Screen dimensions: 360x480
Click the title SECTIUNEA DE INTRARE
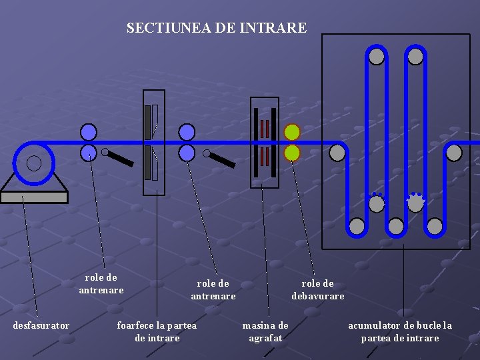coord(217,28)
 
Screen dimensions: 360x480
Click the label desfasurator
coord(41,325)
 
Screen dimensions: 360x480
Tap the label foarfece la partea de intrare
coord(157,331)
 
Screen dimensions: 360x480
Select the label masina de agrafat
coord(265,331)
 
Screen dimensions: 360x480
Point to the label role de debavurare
coord(318,289)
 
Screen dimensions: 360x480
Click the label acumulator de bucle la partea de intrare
coord(400,331)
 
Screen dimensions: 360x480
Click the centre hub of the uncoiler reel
coord(34,163)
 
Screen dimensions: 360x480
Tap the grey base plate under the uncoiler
coord(34,197)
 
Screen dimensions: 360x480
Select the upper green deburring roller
coord(292,131)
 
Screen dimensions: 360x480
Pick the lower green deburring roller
coord(292,153)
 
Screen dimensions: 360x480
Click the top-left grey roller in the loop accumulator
coord(377,57)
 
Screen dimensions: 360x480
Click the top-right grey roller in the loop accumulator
coord(415,57)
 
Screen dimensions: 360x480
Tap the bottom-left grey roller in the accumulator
coord(357,227)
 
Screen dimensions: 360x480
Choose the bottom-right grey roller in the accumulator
coord(435,227)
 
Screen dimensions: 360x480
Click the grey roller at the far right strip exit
coord(454,153)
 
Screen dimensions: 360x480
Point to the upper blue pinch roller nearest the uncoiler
coord(89,131)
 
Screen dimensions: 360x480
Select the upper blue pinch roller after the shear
coord(187,131)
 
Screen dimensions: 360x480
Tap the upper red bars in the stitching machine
coord(265,128)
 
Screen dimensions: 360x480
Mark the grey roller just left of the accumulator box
coord(337,153)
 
